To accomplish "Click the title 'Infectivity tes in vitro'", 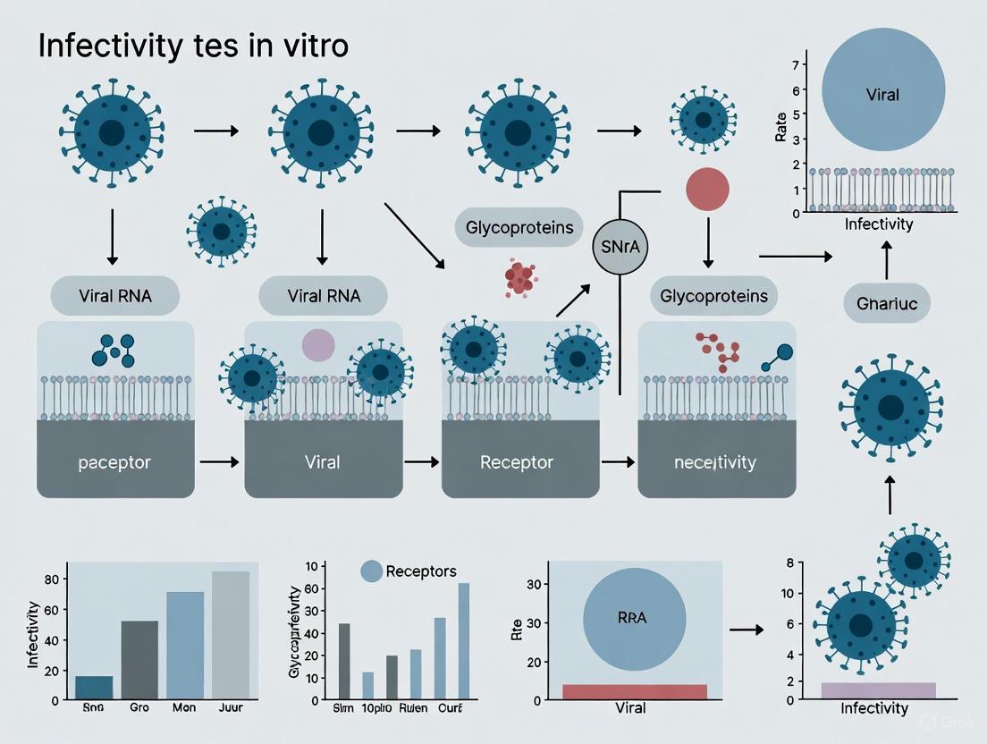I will [192, 46].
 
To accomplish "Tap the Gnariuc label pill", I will [887, 304].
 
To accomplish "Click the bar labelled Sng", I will [94, 687].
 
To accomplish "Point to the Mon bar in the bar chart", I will [185, 645].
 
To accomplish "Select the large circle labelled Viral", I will [882, 93].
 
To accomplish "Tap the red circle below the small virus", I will [707, 190].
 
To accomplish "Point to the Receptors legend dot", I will [371, 571].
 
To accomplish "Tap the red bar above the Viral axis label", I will [634, 691].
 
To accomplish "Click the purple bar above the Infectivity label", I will [878, 689].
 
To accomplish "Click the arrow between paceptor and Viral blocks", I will [219, 462].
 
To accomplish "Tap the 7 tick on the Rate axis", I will [794, 66].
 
